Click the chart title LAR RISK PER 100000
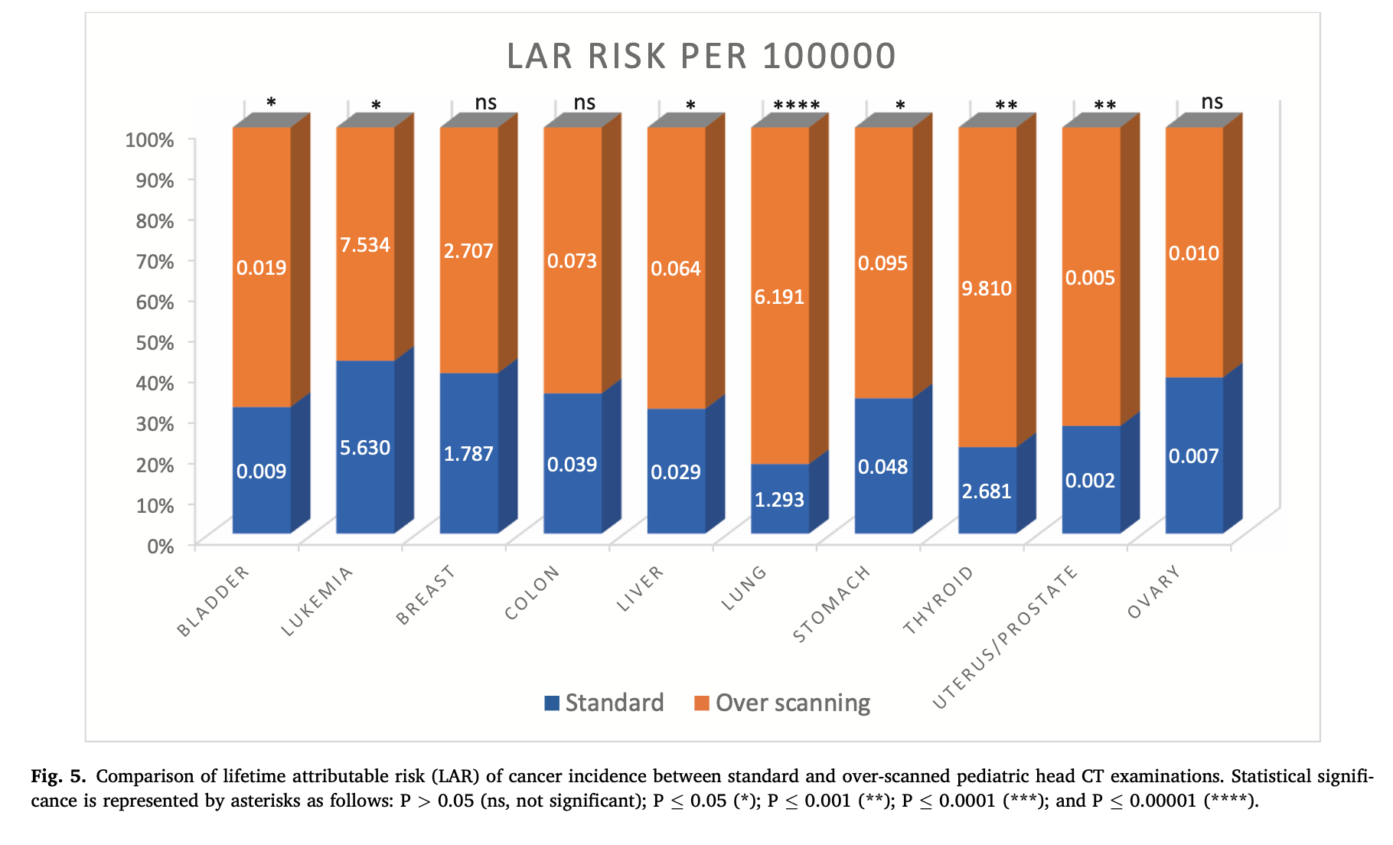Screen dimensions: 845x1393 pos(701,56)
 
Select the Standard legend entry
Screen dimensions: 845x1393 pos(605,703)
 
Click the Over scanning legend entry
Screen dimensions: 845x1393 pos(783,703)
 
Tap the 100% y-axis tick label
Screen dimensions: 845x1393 pos(150,140)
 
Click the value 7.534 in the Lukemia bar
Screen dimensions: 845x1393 pos(365,245)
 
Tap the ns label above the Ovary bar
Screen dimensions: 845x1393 pos(1212,102)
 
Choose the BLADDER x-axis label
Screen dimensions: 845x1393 pos(214,602)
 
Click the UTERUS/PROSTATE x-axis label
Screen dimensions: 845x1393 pos(1006,638)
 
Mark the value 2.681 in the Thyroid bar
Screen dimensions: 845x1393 pos(987,491)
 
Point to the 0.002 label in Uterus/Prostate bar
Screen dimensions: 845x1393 pos(1090,481)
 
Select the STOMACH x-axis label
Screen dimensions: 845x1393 pos(832,605)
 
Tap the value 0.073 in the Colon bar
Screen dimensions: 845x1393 pos(572,261)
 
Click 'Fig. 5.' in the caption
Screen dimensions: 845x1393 pos(58,776)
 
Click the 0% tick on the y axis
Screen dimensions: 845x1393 pos(161,546)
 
